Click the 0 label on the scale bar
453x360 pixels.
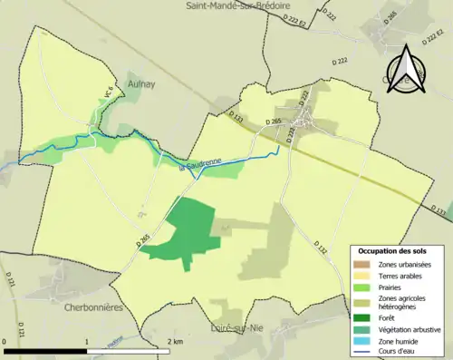click(x=5, y=342)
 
